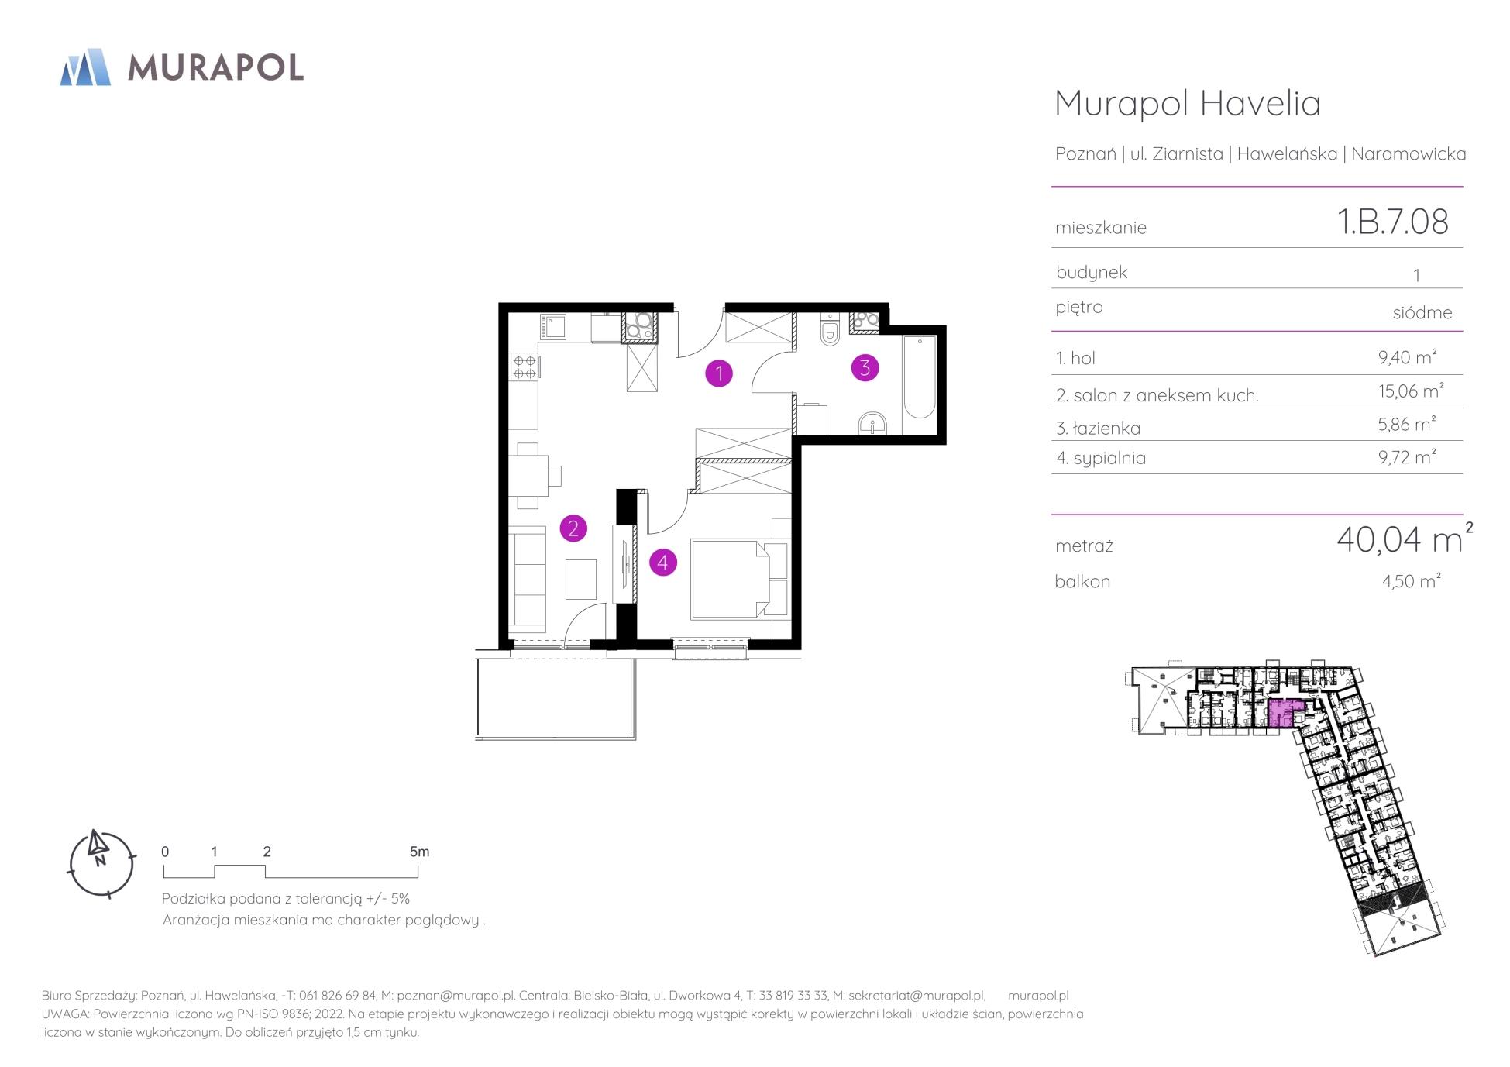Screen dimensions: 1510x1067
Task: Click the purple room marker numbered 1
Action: click(719, 373)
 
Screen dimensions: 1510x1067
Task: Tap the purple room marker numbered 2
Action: click(573, 529)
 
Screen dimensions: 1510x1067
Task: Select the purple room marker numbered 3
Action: click(865, 367)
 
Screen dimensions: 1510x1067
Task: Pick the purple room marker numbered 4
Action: click(662, 563)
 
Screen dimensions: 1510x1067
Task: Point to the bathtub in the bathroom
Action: click(920, 377)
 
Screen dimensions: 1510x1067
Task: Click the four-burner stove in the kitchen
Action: click(525, 367)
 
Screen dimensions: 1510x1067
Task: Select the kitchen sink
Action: click(553, 328)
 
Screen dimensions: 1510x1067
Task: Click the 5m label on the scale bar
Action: click(419, 852)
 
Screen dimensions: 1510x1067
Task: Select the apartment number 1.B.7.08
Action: click(1393, 222)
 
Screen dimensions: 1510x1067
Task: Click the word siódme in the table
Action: click(1422, 313)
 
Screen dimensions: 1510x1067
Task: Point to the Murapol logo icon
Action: click(85, 67)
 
